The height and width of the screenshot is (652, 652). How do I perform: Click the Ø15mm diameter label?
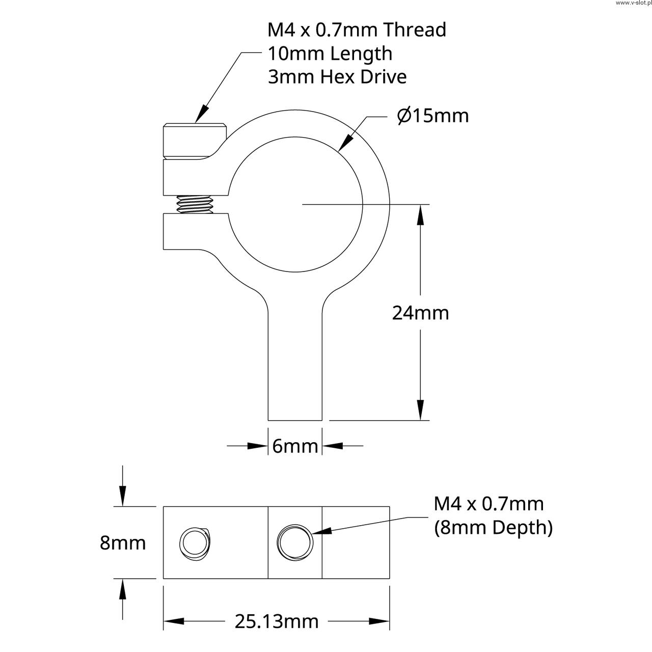coord(433,116)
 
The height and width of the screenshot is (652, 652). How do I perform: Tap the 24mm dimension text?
coord(420,313)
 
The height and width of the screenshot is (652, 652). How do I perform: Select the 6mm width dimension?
coord(295,446)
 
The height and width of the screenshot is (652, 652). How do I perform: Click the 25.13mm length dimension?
coord(277,621)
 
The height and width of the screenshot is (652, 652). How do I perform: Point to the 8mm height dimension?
coord(122,542)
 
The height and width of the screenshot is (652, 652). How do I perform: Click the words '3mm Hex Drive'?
coord(337,77)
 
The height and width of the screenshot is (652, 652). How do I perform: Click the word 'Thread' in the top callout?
coord(415,30)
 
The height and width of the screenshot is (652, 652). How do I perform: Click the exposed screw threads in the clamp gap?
coord(195,204)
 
